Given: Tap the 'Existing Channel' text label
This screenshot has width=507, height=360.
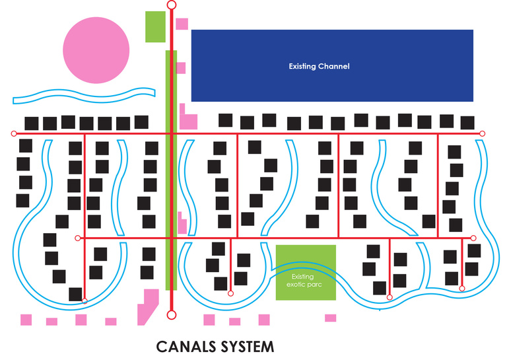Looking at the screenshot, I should click(319, 66).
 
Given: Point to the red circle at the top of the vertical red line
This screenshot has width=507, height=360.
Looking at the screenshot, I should click(172, 5).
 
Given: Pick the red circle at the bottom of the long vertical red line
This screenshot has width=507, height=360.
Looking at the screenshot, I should click(172, 314).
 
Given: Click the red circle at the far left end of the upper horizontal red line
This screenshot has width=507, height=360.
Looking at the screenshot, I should click(14, 134).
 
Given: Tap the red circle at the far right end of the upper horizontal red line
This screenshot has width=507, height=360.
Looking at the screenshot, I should click(482, 134).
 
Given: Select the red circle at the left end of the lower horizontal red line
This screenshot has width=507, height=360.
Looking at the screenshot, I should click(78, 238).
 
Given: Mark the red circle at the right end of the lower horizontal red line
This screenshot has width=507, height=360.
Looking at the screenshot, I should click(473, 238).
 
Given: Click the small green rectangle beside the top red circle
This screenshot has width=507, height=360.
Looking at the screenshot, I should click(155, 26).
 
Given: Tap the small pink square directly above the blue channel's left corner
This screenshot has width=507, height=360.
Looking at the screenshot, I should click(182, 24).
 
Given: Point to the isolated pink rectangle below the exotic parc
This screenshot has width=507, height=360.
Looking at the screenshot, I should click(330, 318).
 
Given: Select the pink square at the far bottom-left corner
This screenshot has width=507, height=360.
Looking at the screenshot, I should click(26, 320).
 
